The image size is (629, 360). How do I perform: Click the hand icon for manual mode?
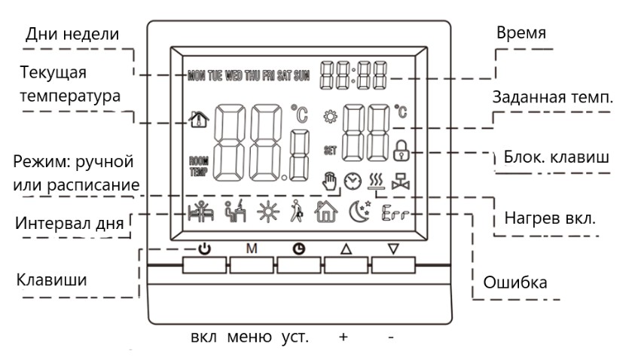pyautogui.click(x=328, y=181)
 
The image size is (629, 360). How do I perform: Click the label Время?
pyautogui.click(x=521, y=34)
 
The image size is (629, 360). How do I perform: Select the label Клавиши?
pyautogui.click(x=51, y=279)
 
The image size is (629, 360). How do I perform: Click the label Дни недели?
pyautogui.click(x=72, y=35)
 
